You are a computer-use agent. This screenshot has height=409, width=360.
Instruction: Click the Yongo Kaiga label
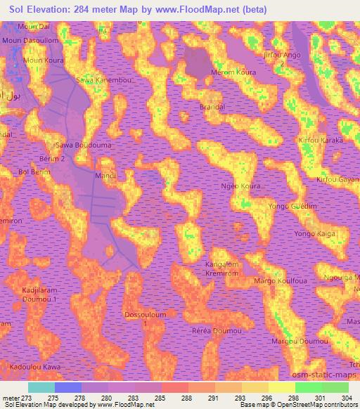pos(313,233)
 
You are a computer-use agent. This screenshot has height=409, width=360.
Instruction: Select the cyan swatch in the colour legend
pos(41,387)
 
